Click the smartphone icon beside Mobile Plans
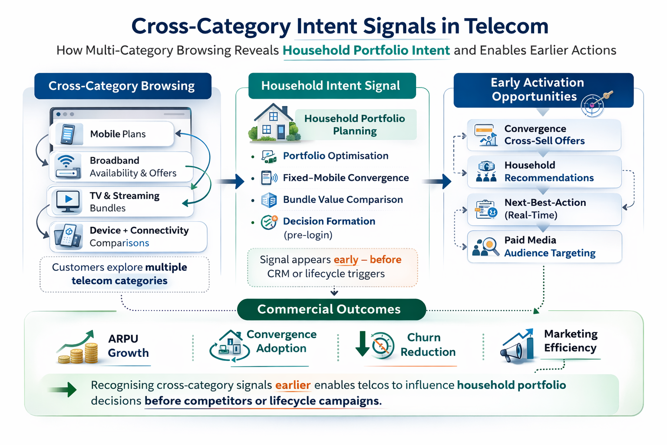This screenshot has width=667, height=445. coord(67,134)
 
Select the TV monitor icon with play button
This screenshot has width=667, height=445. coord(68,201)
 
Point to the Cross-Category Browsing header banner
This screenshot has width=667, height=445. coord(122,86)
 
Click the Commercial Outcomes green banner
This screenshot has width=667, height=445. coord(331,309)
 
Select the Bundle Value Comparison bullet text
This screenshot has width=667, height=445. coord(343,199)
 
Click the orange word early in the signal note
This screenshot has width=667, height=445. coord(346,260)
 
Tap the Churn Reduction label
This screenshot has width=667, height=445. coord(427,345)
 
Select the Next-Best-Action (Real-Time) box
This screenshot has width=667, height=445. coord(544,209)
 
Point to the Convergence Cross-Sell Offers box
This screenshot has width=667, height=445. coord(544,135)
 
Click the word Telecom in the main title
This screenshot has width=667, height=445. coord(506,26)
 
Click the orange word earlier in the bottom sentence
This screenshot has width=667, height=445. coord(293,385)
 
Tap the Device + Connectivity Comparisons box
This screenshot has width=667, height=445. coord(128,237)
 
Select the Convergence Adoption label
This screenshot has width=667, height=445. coord(281,342)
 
